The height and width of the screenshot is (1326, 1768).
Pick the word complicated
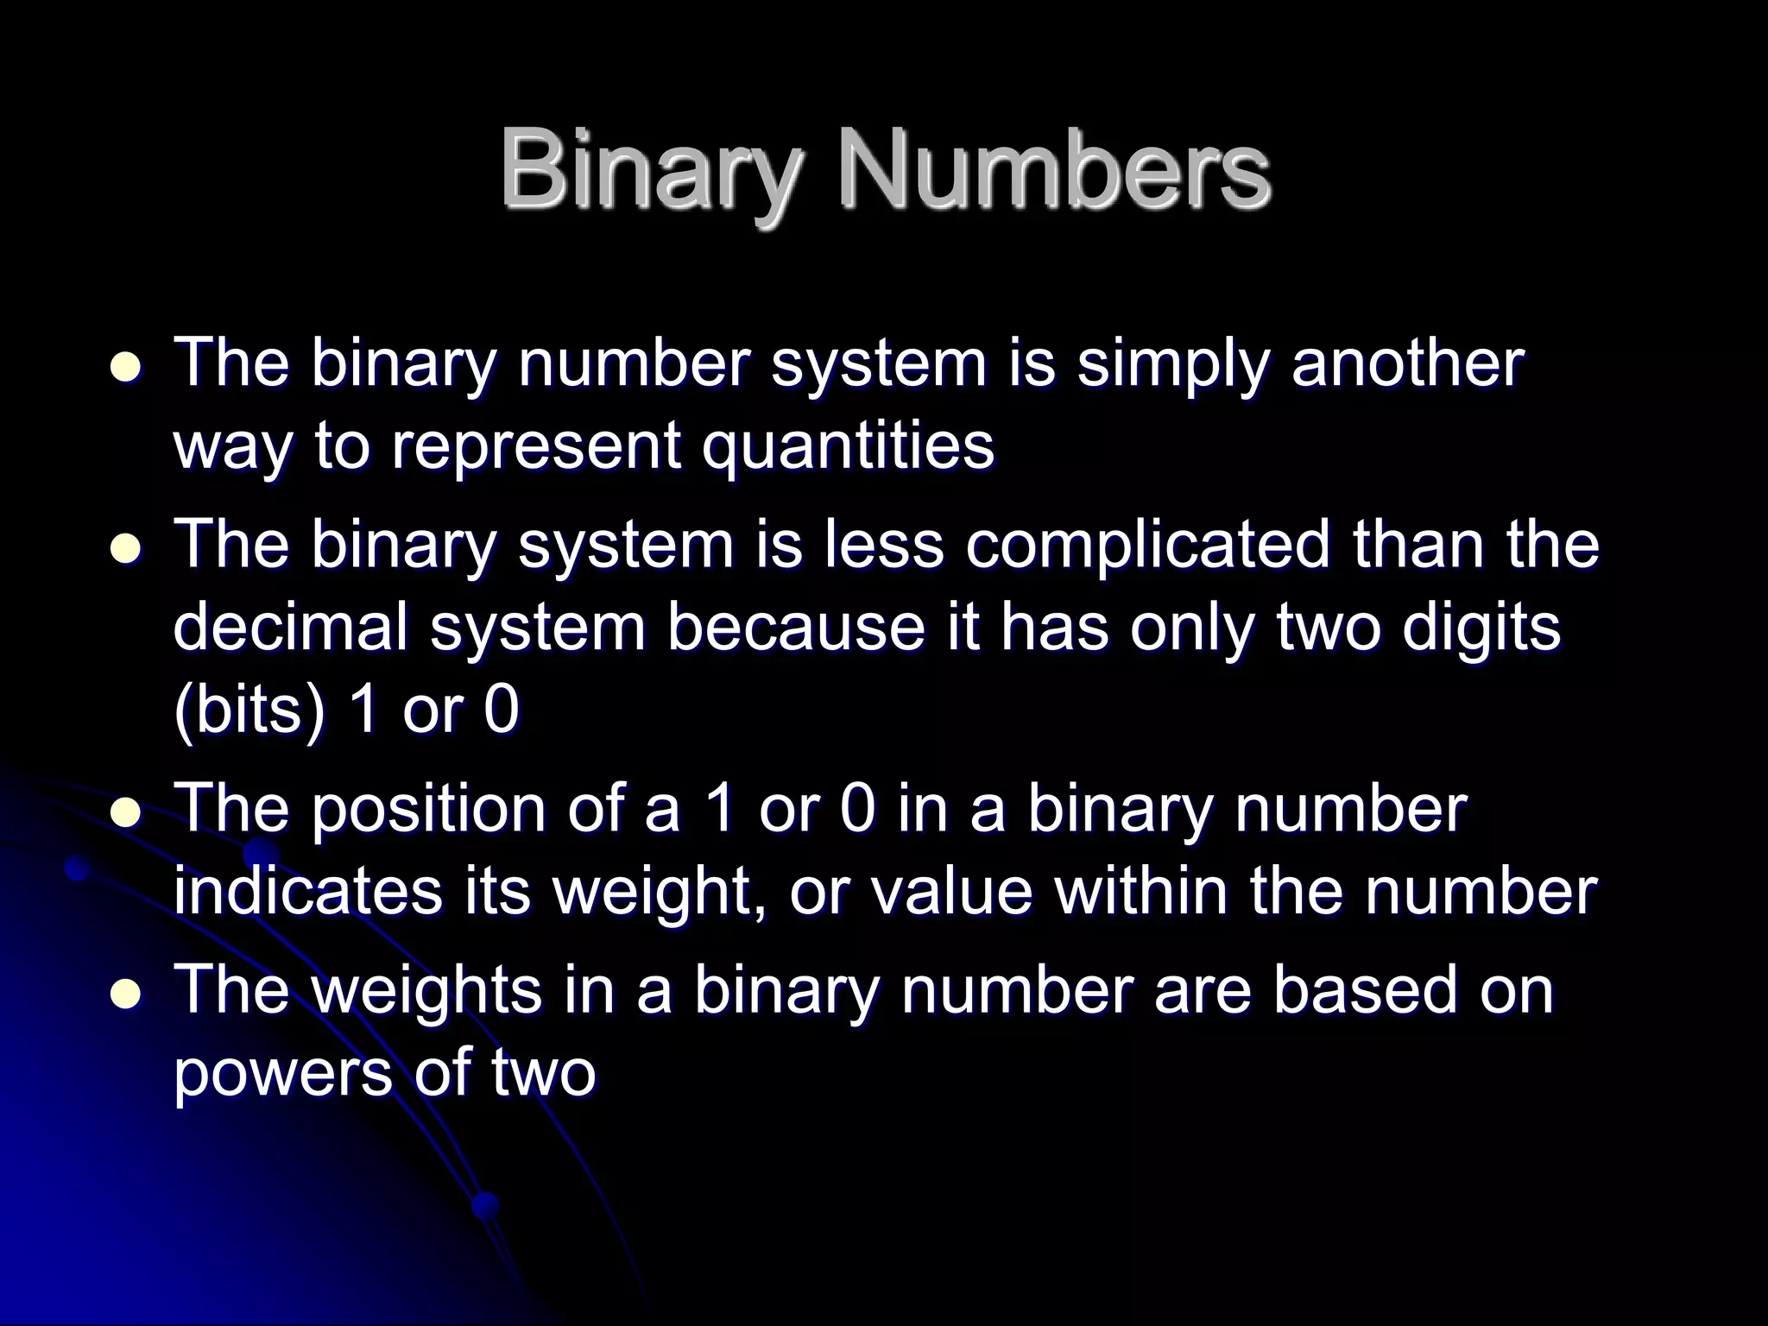pos(1148,546)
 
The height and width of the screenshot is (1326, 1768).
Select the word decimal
pos(290,628)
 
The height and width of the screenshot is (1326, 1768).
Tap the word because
pos(795,628)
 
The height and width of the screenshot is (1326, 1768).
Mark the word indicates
pos(307,891)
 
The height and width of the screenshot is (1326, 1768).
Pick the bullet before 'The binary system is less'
pos(127,549)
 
